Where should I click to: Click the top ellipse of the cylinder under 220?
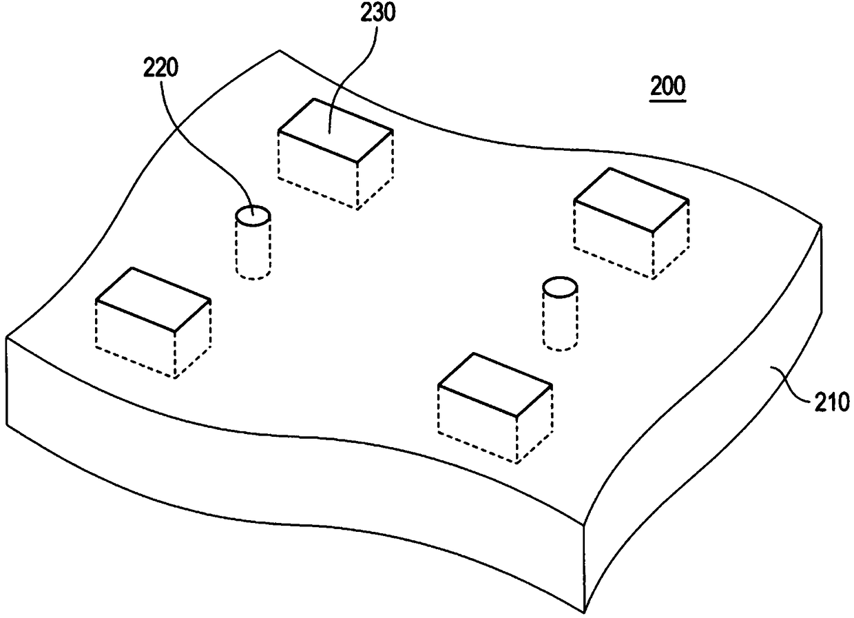pyautogui.click(x=253, y=216)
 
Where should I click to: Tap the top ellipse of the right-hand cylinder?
pyautogui.click(x=559, y=287)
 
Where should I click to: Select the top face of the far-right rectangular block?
pyautogui.click(x=631, y=199)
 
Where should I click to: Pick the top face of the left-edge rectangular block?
pyautogui.click(x=153, y=298)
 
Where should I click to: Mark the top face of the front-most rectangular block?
pyautogui.click(x=494, y=384)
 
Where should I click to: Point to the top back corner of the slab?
pyautogui.click(x=279, y=51)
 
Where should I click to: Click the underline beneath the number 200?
pyautogui.click(x=668, y=102)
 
